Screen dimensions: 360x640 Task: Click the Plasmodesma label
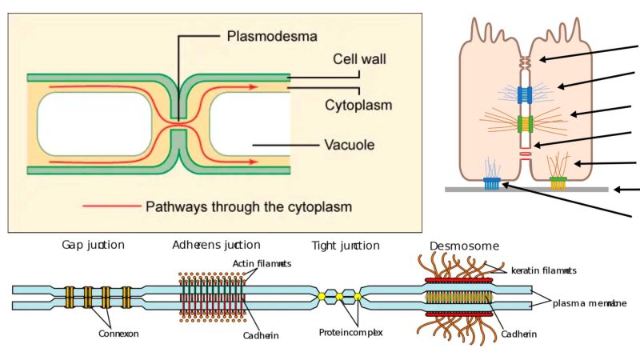(x=272, y=36)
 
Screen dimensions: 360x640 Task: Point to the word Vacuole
(x=350, y=146)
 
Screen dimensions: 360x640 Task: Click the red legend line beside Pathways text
(x=111, y=206)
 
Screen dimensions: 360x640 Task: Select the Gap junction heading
(x=93, y=245)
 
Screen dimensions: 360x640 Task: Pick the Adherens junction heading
(x=216, y=245)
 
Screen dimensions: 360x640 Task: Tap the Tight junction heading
(x=345, y=245)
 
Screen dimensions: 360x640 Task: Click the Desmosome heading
(x=464, y=245)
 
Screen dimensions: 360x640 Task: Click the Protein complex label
(x=350, y=332)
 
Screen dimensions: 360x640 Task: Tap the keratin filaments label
(x=543, y=270)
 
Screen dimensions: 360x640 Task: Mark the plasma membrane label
(x=590, y=303)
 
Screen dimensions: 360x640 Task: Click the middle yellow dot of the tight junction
(x=339, y=297)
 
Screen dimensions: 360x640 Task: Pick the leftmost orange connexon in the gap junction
(x=70, y=297)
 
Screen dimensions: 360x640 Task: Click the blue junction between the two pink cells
(x=525, y=94)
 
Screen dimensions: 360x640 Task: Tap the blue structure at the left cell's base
(x=493, y=183)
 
